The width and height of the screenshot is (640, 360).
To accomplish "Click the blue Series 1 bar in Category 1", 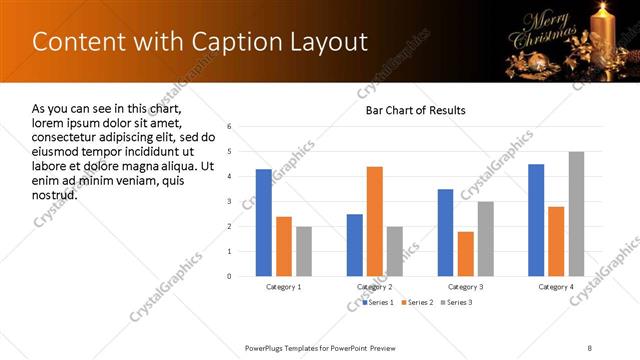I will click(x=263, y=222).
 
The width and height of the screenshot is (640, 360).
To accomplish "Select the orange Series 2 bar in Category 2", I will click(x=375, y=221).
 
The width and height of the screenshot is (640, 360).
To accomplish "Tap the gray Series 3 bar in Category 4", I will click(x=576, y=213).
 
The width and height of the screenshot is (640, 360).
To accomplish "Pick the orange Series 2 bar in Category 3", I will click(x=465, y=253).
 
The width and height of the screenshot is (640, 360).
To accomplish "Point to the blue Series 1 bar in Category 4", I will click(x=536, y=219).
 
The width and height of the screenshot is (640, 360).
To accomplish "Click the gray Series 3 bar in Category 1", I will click(x=303, y=250).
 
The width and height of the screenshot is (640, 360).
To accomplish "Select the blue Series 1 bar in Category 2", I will click(x=355, y=244).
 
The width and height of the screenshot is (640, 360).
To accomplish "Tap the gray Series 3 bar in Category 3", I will click(x=485, y=238).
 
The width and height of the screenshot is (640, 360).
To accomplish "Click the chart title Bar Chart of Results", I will click(x=415, y=110).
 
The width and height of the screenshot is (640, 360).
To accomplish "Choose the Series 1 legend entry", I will click(x=379, y=301).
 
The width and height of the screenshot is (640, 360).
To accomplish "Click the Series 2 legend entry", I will click(x=417, y=301).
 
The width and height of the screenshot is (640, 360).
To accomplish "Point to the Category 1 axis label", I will click(x=284, y=287).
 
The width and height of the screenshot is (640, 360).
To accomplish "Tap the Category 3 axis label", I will click(x=465, y=287).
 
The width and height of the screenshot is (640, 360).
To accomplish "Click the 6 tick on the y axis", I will click(x=229, y=127).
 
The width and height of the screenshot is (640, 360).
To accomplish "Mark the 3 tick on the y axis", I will click(x=229, y=201).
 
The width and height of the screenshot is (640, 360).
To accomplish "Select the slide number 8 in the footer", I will click(x=590, y=347).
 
